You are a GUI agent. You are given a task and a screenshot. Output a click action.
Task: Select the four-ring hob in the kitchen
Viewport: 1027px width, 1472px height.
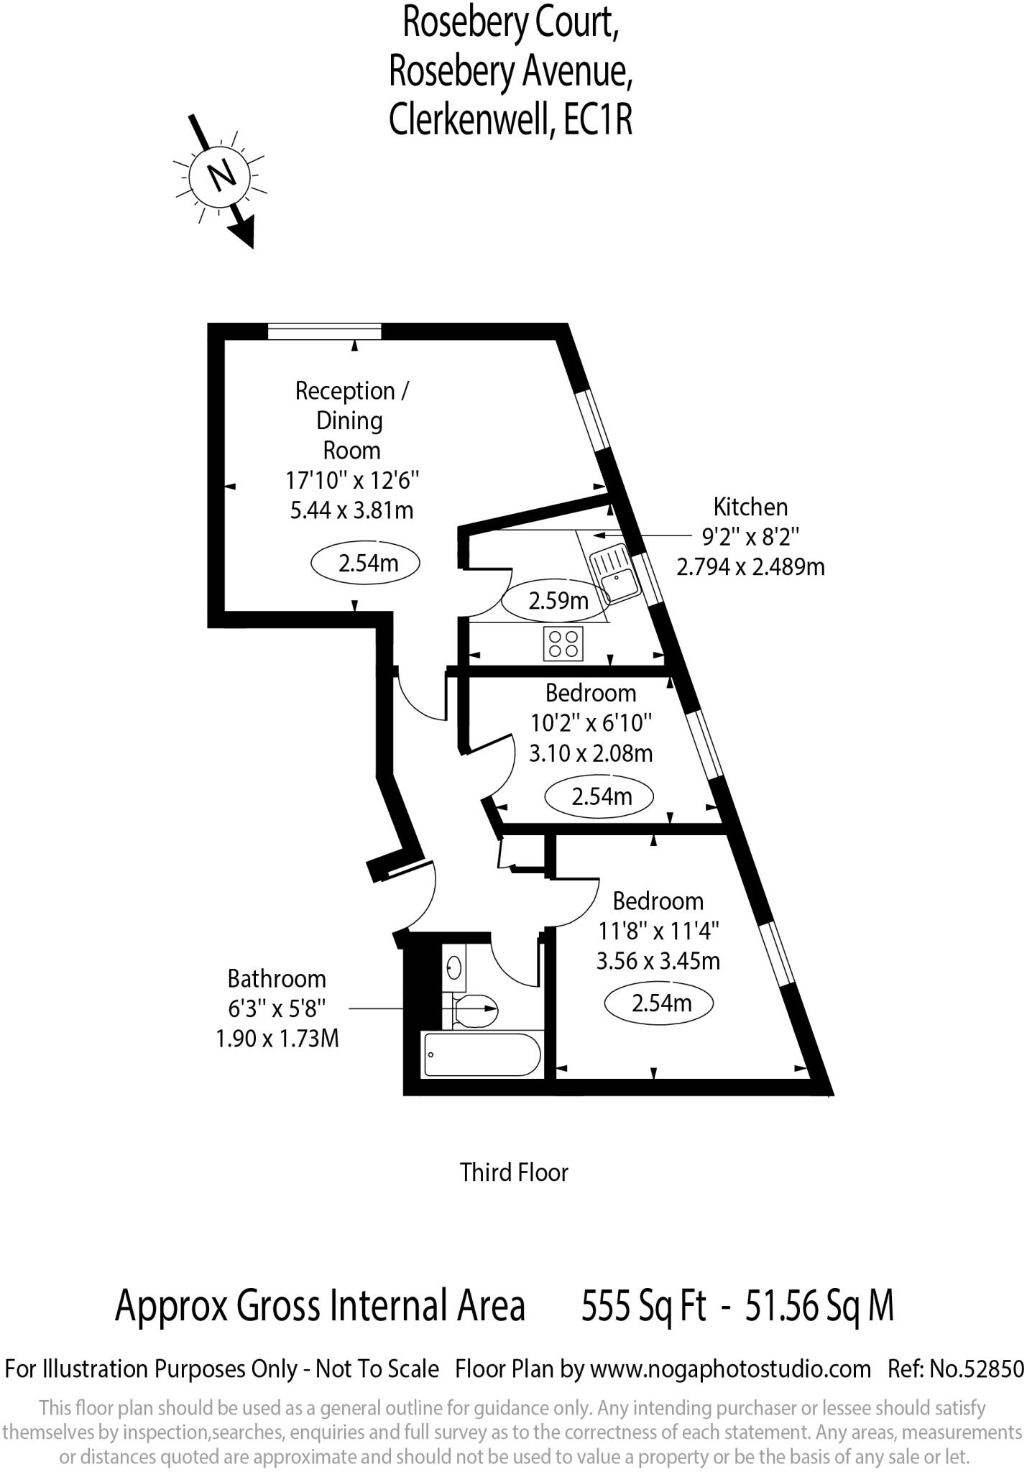pos(563,644)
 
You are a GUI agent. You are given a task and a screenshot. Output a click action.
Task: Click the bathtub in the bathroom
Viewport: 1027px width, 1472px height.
pos(481,1055)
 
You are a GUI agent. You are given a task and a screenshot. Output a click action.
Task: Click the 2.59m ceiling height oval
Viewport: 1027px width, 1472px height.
pos(558,600)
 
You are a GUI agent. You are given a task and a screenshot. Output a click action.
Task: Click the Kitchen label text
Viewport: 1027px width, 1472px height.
pos(750,507)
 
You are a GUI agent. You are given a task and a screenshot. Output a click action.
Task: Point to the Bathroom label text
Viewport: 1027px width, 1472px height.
pos(277,979)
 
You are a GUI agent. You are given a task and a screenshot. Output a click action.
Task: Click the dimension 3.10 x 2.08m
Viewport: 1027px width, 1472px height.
pos(591,753)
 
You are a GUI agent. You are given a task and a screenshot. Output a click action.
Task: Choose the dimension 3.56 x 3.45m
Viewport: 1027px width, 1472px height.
pos(658,961)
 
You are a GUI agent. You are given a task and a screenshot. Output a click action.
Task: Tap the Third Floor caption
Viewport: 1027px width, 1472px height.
pos(514,1172)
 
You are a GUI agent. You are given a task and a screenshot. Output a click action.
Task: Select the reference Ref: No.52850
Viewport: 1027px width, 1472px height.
pos(955,1368)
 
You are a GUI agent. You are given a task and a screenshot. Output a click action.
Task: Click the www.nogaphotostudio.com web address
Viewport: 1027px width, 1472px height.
pos(730,1368)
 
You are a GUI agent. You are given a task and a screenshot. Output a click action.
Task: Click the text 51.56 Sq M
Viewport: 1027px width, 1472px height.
pos(819,1305)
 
